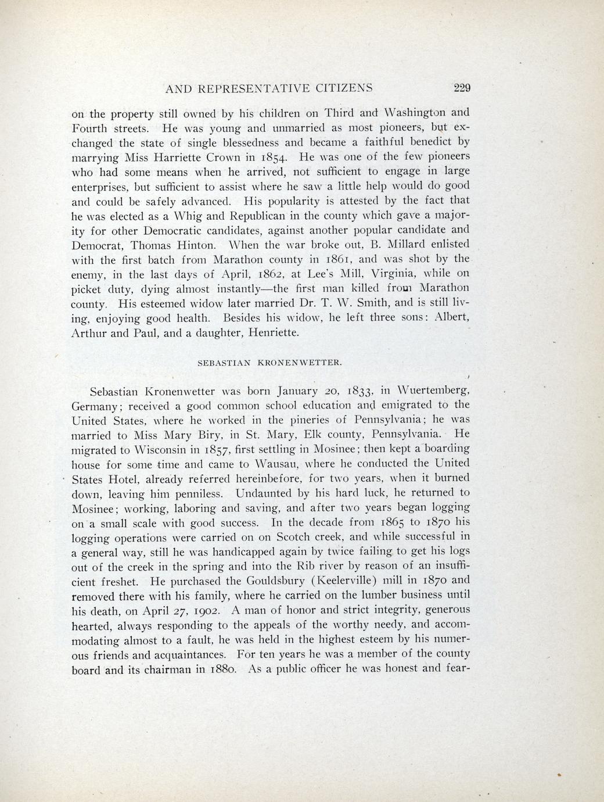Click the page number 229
tap(462, 88)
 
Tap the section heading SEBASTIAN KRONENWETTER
tap(270, 362)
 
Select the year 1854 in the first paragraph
tap(282, 157)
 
